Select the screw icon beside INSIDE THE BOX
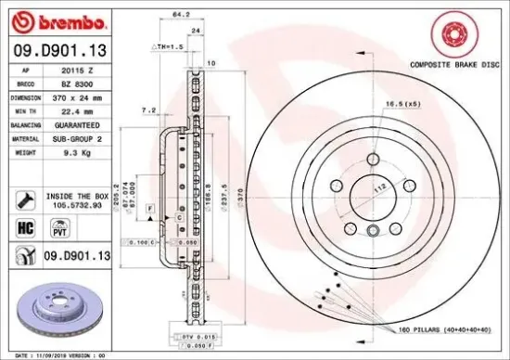pyautogui.click(x=24, y=199)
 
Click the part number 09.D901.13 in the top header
pyautogui.click(x=58, y=50)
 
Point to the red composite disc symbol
pyautogui.click(x=456, y=34)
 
